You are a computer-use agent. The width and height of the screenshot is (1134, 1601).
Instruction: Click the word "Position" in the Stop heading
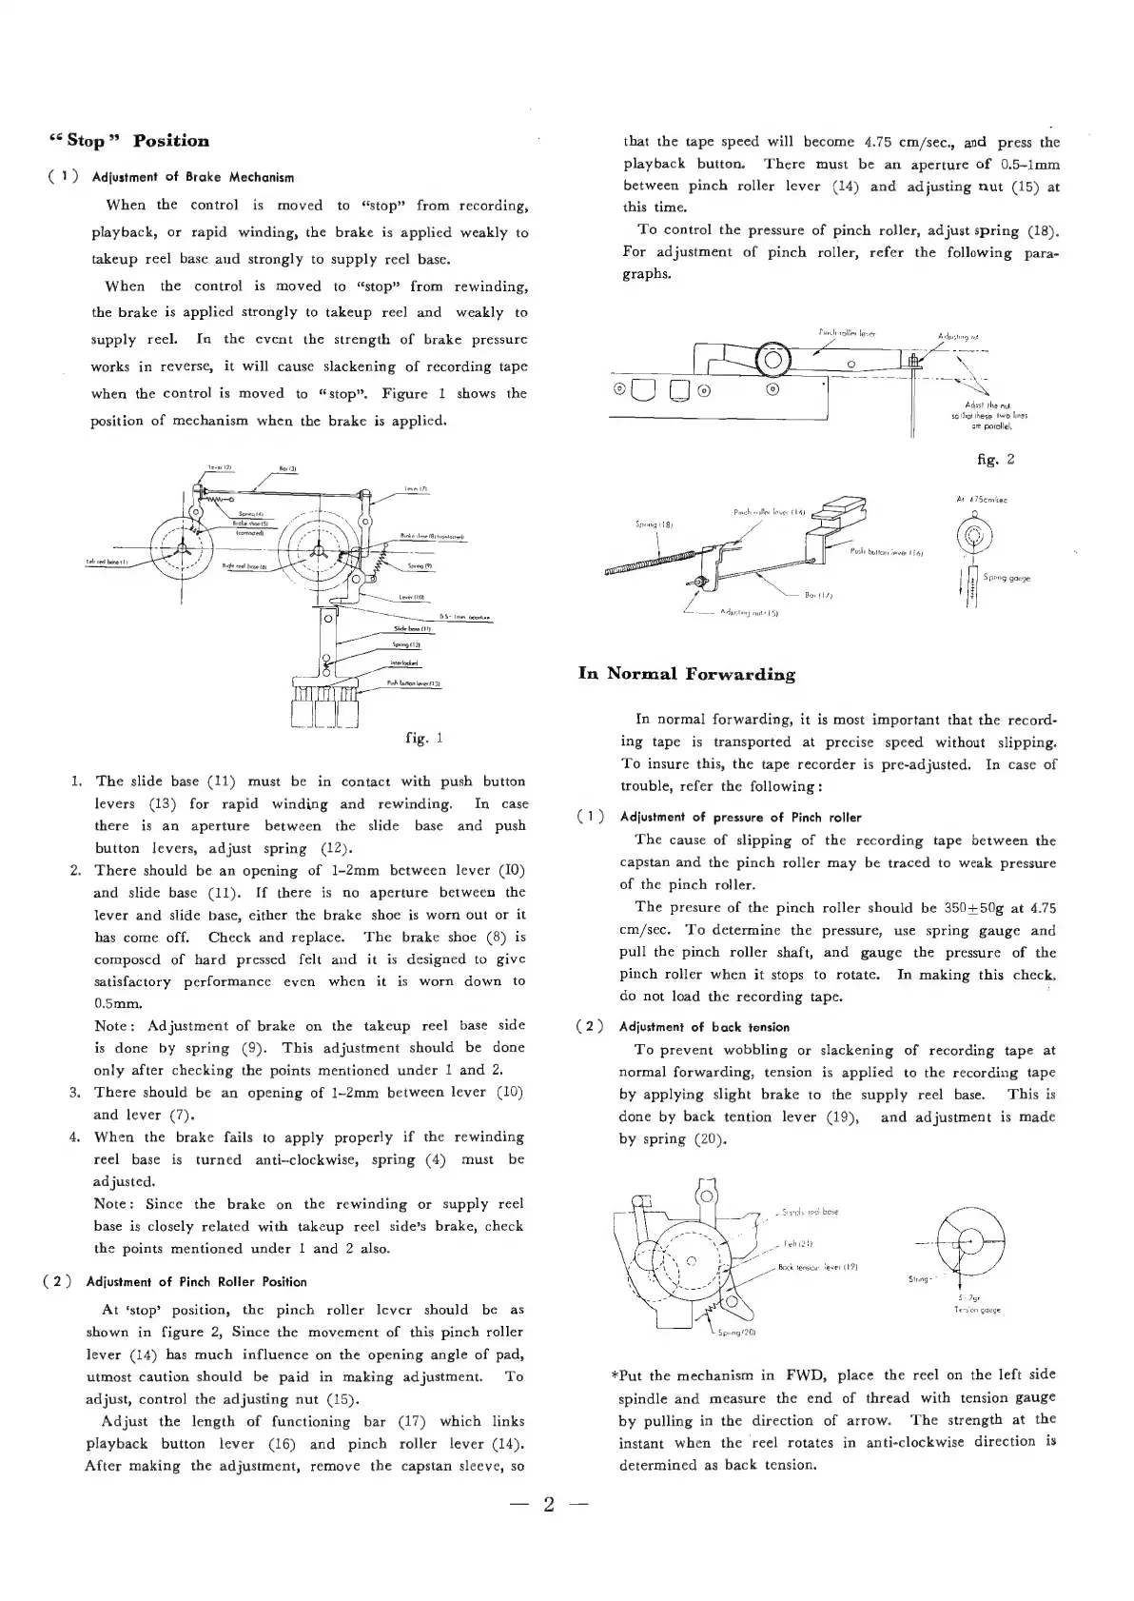click(171, 141)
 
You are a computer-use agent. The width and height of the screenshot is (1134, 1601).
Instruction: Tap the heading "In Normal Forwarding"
click(687, 674)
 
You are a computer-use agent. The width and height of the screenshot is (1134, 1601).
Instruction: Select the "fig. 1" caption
click(424, 738)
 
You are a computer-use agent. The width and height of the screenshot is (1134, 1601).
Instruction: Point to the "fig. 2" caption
click(996, 459)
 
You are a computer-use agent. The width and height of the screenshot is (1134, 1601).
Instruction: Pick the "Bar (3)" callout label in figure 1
click(288, 468)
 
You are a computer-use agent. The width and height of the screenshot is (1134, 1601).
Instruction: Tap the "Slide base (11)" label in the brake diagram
click(412, 630)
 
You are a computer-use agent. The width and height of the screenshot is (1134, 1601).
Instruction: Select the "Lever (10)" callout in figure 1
click(411, 598)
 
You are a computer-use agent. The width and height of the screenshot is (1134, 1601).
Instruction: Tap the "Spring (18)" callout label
click(651, 524)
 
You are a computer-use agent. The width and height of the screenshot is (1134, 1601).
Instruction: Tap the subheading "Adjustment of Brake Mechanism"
click(192, 177)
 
